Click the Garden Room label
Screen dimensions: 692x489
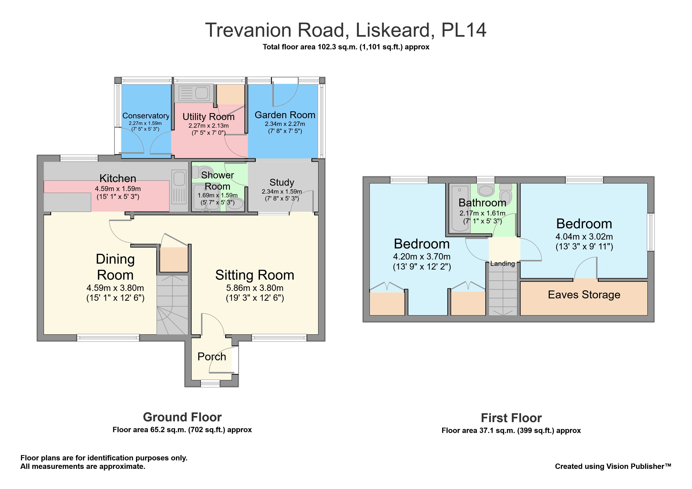[285, 115]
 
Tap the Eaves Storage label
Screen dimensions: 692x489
[584, 295]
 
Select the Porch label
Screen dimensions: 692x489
[212, 357]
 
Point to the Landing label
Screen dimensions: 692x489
[503, 264]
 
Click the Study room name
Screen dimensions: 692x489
[282, 183]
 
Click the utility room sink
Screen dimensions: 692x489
[194, 93]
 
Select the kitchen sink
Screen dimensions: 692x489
[179, 187]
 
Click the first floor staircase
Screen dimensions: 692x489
[503, 289]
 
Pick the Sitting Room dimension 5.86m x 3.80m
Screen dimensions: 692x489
[255, 288]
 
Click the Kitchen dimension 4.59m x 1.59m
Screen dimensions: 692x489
[118, 189]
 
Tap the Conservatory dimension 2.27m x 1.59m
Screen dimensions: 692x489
[145, 123]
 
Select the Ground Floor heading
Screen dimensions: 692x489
[182, 417]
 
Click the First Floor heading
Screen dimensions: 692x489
[511, 418]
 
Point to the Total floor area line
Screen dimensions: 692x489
[346, 47]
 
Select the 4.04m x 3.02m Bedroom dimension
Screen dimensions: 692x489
[584, 237]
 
